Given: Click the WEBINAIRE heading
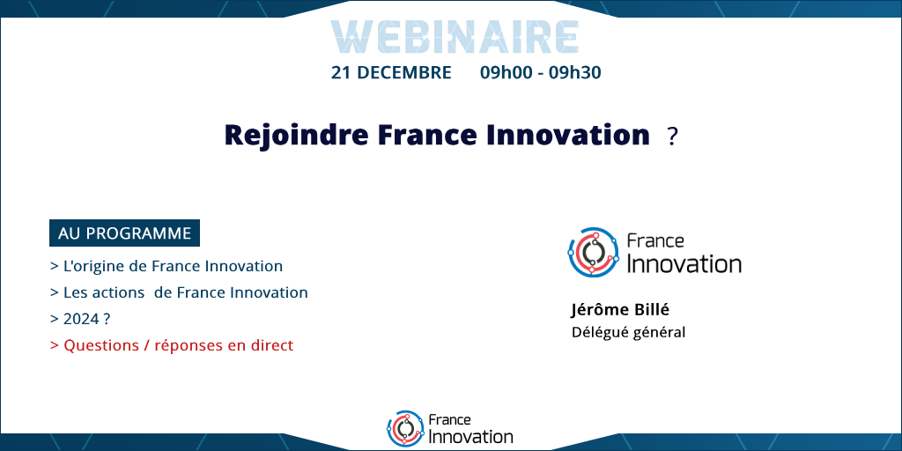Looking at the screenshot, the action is (455, 37).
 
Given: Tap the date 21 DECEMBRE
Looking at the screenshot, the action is (391, 73).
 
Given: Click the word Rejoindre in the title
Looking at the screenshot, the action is (297, 135).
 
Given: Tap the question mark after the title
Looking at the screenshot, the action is (672, 137).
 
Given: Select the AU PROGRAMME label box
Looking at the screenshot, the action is (125, 233).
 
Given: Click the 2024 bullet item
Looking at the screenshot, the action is (80, 319).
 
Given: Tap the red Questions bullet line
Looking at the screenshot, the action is (172, 345).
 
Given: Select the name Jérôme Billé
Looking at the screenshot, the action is (620, 310).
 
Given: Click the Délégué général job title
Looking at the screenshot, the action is (628, 332).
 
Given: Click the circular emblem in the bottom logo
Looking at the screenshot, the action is (406, 429).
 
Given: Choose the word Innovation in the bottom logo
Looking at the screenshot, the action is (470, 436).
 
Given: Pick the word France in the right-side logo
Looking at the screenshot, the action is (655, 240).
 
